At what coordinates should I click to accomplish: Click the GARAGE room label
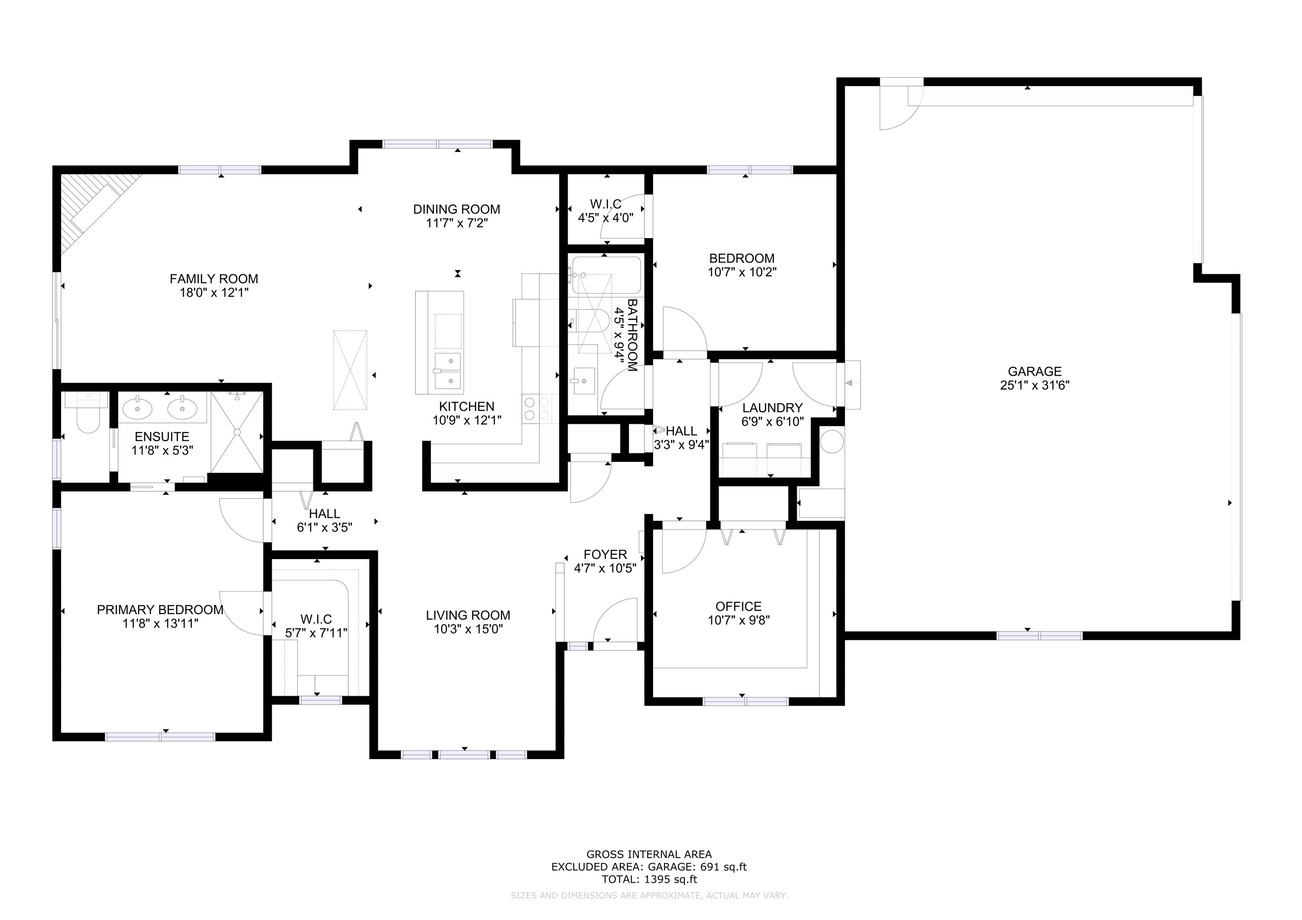coord(1034,371)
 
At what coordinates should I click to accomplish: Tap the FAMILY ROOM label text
coord(214,279)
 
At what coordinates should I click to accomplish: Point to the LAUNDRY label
coord(773,408)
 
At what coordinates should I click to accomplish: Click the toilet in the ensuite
coord(87,412)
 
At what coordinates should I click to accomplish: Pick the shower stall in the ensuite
coord(237,432)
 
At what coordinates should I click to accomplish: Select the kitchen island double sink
coord(447,371)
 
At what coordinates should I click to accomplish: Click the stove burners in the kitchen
coord(536,409)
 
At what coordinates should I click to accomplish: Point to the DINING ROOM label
coord(457,209)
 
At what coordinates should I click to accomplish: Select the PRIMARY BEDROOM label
coord(160,609)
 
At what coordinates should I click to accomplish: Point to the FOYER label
coord(605,554)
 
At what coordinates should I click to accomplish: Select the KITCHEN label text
coord(467,406)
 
